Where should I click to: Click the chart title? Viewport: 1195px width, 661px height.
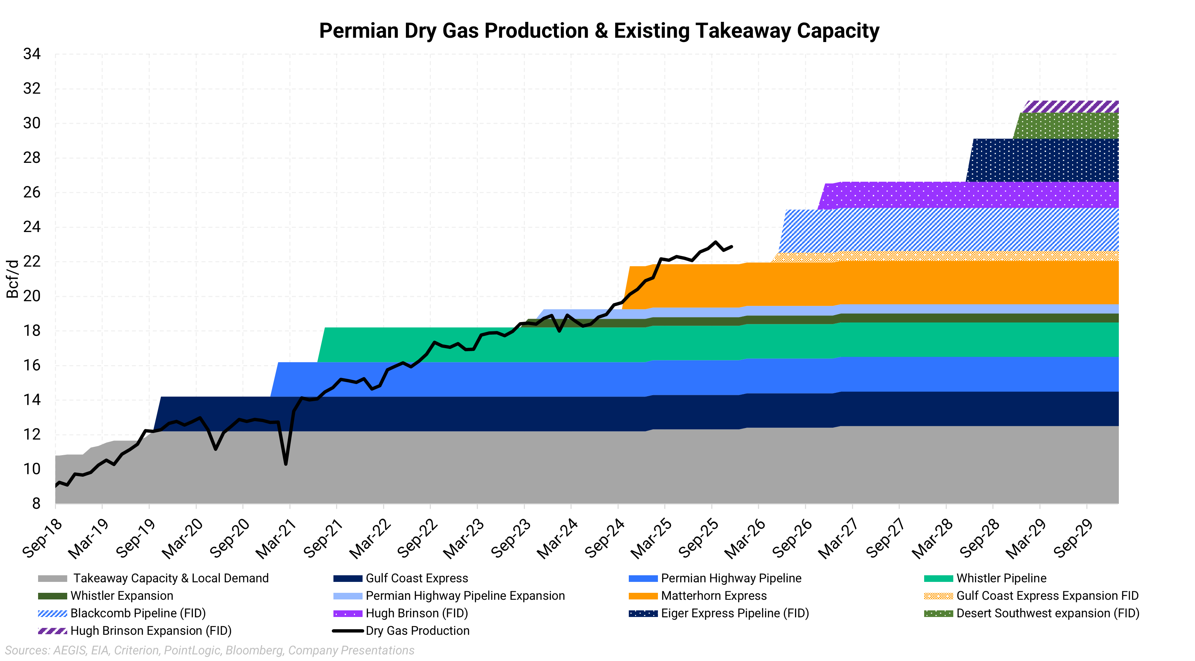[599, 31]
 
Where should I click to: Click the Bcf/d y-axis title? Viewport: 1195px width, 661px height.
[13, 279]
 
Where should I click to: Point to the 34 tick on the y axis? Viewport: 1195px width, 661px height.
[32, 54]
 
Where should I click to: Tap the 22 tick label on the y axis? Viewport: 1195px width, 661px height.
[32, 261]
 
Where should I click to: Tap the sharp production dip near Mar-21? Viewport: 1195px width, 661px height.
[286, 463]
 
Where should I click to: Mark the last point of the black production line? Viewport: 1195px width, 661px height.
[731, 246]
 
